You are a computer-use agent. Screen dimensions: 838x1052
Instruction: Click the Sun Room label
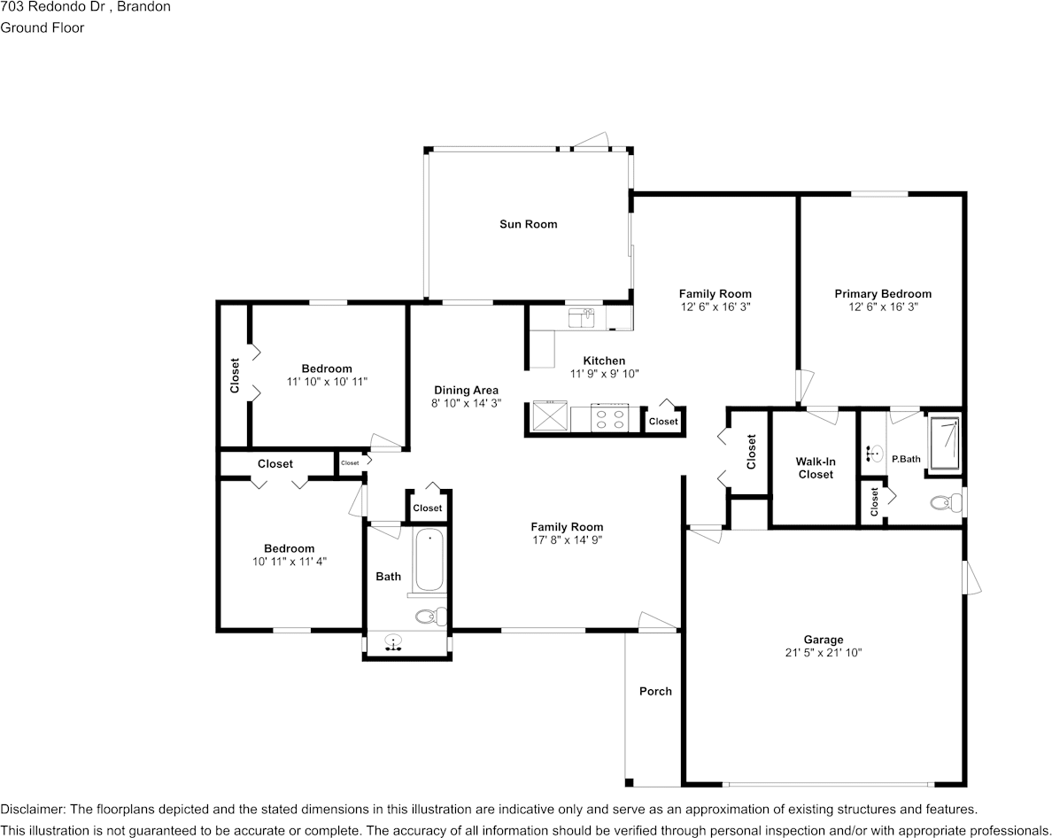click(528, 224)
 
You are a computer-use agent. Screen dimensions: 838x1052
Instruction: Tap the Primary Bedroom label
click(882, 294)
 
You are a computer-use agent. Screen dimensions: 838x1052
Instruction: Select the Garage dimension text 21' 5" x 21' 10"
click(823, 653)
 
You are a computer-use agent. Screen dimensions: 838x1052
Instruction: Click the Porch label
click(655, 691)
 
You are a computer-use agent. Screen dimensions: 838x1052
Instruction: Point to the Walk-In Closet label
click(815, 468)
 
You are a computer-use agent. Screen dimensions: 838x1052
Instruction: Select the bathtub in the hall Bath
click(429, 561)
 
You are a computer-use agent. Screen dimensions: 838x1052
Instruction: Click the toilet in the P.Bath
click(944, 503)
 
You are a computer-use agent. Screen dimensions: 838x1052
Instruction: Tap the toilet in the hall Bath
click(431, 617)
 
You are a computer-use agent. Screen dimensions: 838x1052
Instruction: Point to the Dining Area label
click(466, 390)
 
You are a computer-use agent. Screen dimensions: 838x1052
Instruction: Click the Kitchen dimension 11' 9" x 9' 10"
click(604, 374)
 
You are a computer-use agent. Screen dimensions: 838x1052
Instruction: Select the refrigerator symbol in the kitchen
click(549, 416)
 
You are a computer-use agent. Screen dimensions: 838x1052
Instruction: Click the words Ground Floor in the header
click(43, 27)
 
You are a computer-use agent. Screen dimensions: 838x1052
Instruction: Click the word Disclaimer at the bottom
click(32, 810)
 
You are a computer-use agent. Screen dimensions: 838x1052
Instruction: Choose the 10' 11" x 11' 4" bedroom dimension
click(289, 562)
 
